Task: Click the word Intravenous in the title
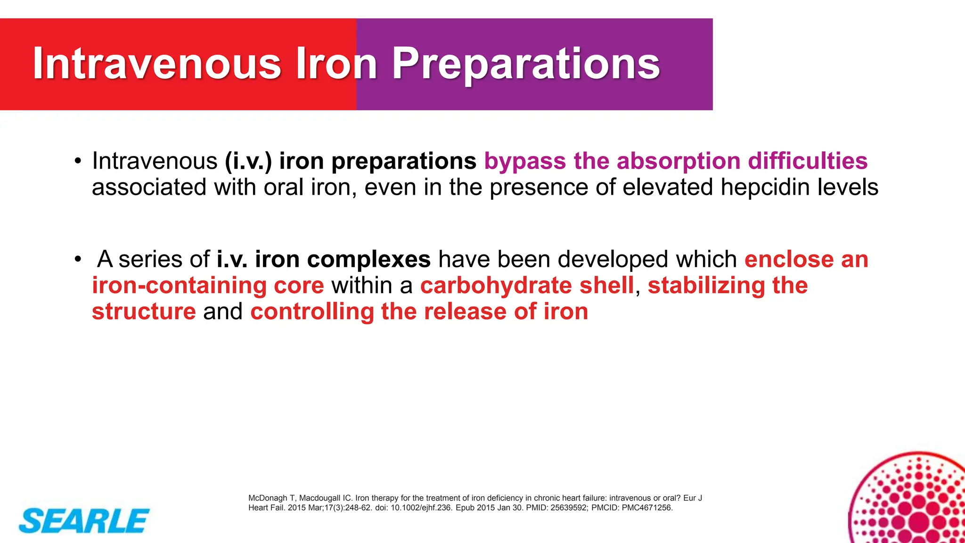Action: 157,63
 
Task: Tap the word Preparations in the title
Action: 525,63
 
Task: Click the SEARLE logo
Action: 84,521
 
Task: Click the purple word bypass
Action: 524,162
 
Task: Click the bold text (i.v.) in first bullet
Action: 248,161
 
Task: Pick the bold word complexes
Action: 368,260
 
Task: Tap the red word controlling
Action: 312,312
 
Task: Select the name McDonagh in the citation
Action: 268,498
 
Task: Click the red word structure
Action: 144,312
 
